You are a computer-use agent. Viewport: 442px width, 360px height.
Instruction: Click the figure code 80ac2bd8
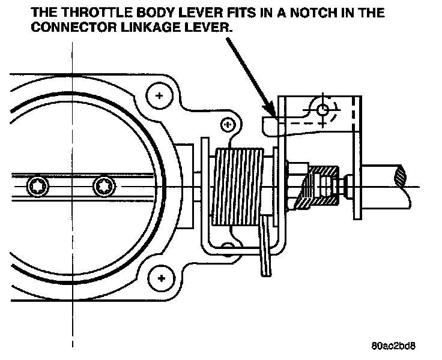pos(393,346)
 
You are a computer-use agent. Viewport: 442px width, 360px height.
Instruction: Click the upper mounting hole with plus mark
pos(160,96)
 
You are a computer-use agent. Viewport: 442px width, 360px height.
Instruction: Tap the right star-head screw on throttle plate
pos(103,187)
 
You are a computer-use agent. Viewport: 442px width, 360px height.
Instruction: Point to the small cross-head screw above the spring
pos(227,124)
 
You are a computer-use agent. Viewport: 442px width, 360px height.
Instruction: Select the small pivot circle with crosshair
pos(322,110)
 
